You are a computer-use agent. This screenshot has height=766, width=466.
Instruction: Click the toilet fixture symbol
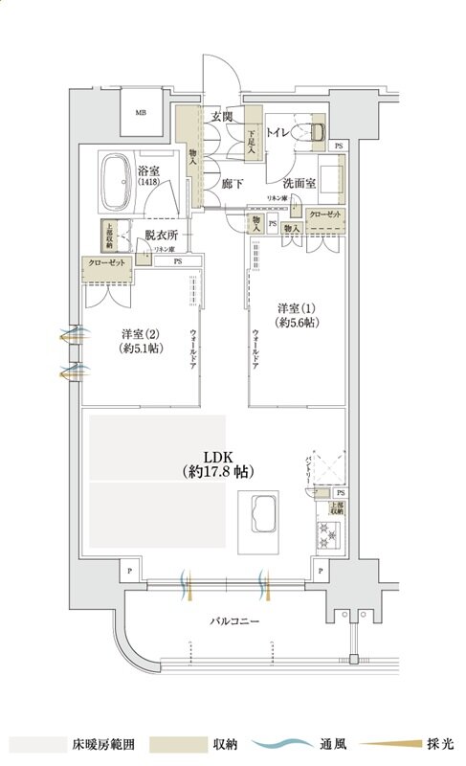[314, 133]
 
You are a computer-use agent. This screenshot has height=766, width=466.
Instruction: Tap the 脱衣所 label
[164, 235]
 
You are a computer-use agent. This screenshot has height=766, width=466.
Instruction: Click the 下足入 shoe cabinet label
[253, 143]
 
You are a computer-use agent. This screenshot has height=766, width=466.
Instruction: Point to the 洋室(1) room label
[297, 316]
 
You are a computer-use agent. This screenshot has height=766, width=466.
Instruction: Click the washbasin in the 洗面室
[331, 178]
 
